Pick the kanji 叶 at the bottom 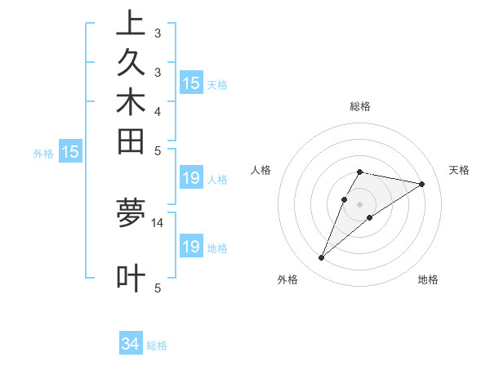(x=131, y=278)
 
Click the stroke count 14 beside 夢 (x=158, y=222)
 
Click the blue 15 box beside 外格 (x=70, y=151)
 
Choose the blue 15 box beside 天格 (x=190, y=83)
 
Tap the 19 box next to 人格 (x=190, y=178)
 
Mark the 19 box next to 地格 (x=190, y=246)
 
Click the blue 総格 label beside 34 (x=157, y=346)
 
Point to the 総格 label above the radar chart (x=360, y=106)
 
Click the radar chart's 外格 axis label (x=287, y=279)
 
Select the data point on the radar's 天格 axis (x=421, y=184)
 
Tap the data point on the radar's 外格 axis (x=322, y=258)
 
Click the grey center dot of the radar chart (x=360, y=203)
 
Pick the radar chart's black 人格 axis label (x=261, y=170)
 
